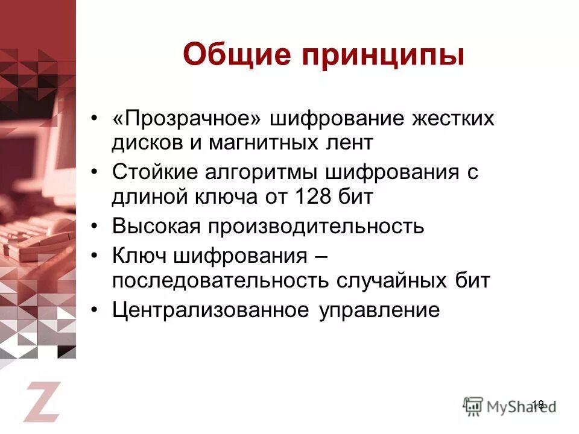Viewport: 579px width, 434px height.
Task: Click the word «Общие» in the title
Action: coord(232,55)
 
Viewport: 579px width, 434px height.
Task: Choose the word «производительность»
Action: coord(317,227)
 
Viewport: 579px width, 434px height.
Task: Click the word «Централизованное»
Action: coord(210,310)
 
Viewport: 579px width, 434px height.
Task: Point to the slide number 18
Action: coord(538,404)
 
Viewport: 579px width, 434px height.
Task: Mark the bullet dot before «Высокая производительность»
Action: coord(94,227)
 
